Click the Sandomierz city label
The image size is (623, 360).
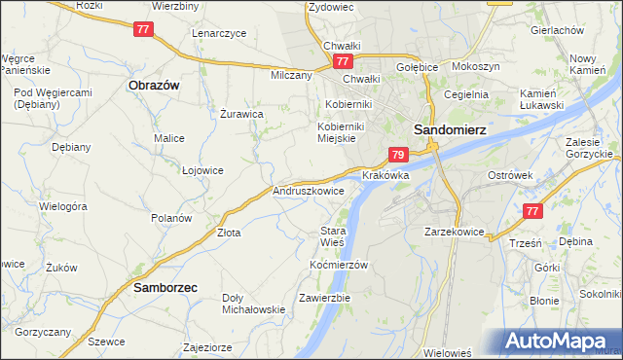[450, 128]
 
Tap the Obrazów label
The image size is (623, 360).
[154, 85]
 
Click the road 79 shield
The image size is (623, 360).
[397, 154]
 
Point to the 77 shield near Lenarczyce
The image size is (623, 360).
[143, 29]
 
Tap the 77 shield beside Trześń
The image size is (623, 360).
[531, 211]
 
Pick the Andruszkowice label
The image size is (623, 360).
[309, 192]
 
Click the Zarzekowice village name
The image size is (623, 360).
[455, 233]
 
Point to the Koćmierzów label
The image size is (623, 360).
[338, 265]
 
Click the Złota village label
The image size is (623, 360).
[229, 234]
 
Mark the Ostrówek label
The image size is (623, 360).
[509, 176]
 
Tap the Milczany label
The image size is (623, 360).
[291, 75]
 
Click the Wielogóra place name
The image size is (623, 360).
[63, 206]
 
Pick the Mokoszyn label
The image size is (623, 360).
[476, 67]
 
